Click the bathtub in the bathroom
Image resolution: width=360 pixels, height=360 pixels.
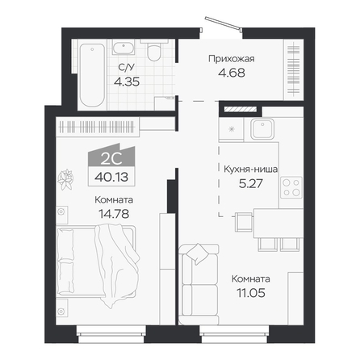[x=92, y=75]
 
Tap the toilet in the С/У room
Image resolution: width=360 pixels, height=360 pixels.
[x=154, y=51]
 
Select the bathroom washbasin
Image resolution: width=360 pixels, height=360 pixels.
[x=123, y=48]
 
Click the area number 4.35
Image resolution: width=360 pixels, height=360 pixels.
[x=127, y=82]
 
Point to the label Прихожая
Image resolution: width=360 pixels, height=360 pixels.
[x=232, y=59]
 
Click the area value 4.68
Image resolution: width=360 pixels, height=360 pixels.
[x=232, y=73]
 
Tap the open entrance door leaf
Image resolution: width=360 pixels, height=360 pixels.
[x=222, y=22]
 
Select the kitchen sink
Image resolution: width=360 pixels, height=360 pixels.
[x=262, y=129]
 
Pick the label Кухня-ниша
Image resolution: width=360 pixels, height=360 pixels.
[x=251, y=170]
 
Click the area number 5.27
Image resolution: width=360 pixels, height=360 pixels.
[x=251, y=183]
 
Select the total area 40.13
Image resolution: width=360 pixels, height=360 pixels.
[x=111, y=177]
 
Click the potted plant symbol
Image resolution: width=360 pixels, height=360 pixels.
[x=65, y=179]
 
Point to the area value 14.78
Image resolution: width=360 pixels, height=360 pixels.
[x=114, y=214]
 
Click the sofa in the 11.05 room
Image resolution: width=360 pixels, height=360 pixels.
[x=199, y=284]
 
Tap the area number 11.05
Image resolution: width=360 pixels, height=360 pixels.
[x=251, y=293]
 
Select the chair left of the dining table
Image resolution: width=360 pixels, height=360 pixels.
[x=244, y=222]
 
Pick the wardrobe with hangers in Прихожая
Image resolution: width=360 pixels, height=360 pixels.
[x=294, y=70]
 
